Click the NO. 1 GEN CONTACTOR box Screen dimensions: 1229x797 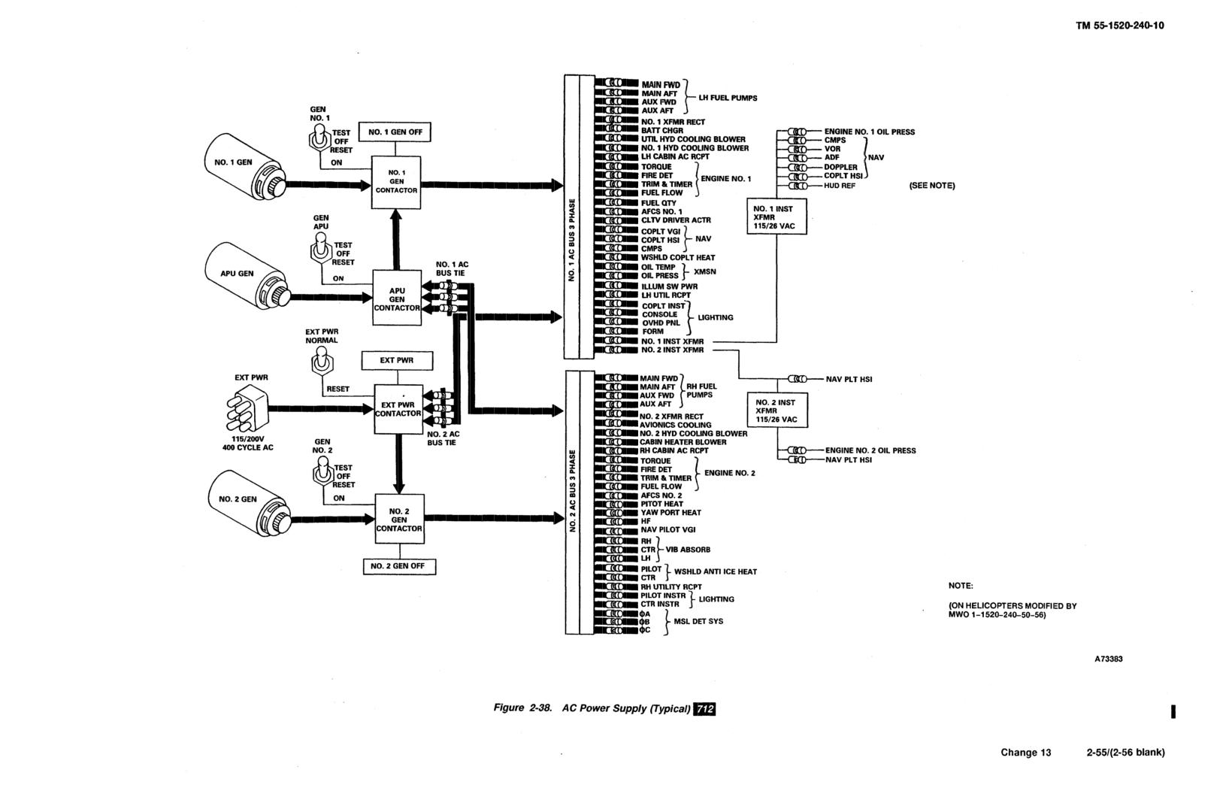coord(396,182)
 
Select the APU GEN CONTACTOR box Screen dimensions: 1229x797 coord(397,298)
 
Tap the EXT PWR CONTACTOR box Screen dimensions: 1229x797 coord(398,410)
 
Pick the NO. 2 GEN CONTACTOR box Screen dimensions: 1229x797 coord(399,520)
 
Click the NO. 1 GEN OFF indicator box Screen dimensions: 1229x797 coord(395,132)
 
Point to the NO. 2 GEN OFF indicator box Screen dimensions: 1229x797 coord(399,566)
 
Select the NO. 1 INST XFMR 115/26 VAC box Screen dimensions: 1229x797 coord(776,217)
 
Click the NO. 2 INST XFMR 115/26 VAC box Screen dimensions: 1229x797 coord(777,410)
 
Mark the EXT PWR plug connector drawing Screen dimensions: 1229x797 coord(247,408)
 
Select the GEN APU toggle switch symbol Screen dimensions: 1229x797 coord(320,249)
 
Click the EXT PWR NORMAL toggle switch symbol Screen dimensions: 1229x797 coord(322,362)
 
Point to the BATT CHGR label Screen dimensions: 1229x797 coord(662,131)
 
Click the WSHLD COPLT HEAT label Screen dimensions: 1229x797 coord(678,257)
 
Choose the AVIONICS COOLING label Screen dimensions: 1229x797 coord(676,425)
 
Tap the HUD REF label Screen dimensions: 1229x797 coord(840,186)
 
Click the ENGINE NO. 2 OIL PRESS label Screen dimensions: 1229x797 coord(870,450)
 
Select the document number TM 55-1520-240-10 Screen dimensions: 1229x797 coord(1120,26)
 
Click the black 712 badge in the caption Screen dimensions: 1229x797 coord(705,709)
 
